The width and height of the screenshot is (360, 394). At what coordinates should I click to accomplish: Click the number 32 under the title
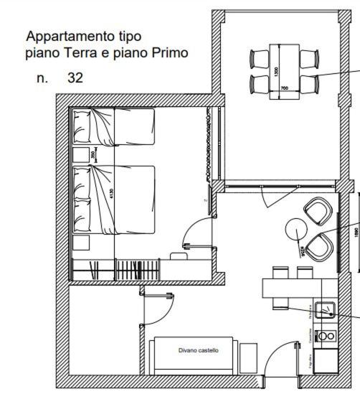click(75, 78)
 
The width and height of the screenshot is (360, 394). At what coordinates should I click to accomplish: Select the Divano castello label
click(199, 351)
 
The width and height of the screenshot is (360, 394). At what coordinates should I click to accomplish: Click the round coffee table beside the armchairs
click(296, 229)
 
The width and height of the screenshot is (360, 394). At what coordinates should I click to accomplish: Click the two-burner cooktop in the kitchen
click(326, 335)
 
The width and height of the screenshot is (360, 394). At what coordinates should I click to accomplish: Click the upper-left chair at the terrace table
click(258, 58)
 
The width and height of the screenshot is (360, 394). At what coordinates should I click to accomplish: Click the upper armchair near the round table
click(316, 210)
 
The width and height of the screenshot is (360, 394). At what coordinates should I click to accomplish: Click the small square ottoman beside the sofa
click(248, 356)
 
